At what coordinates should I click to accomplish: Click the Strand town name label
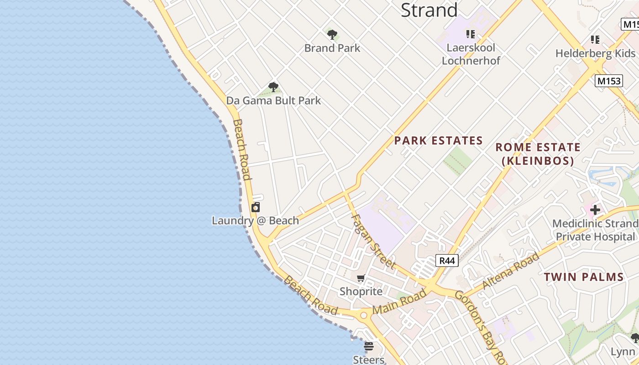click(429, 10)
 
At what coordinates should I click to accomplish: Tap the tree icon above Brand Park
click(332, 34)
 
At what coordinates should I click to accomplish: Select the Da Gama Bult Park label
click(273, 100)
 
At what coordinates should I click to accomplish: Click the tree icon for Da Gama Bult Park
click(273, 87)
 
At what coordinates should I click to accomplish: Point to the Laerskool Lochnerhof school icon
click(471, 34)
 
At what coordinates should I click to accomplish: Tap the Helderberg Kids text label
click(595, 53)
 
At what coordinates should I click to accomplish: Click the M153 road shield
click(609, 81)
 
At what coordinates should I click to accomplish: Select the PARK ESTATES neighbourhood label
click(438, 141)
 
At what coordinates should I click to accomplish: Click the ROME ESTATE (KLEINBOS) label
click(538, 154)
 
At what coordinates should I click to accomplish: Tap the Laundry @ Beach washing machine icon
click(256, 208)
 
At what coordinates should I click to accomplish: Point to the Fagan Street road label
click(373, 241)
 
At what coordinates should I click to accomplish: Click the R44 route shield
click(447, 261)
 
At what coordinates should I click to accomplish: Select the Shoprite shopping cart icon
click(361, 278)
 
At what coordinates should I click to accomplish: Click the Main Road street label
click(399, 302)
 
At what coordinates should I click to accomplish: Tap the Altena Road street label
click(511, 270)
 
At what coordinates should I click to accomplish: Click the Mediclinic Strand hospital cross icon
click(595, 210)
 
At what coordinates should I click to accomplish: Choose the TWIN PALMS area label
click(583, 277)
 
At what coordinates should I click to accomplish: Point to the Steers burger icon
click(369, 346)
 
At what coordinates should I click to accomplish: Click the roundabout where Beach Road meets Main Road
click(364, 315)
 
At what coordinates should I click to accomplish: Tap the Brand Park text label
click(332, 48)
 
